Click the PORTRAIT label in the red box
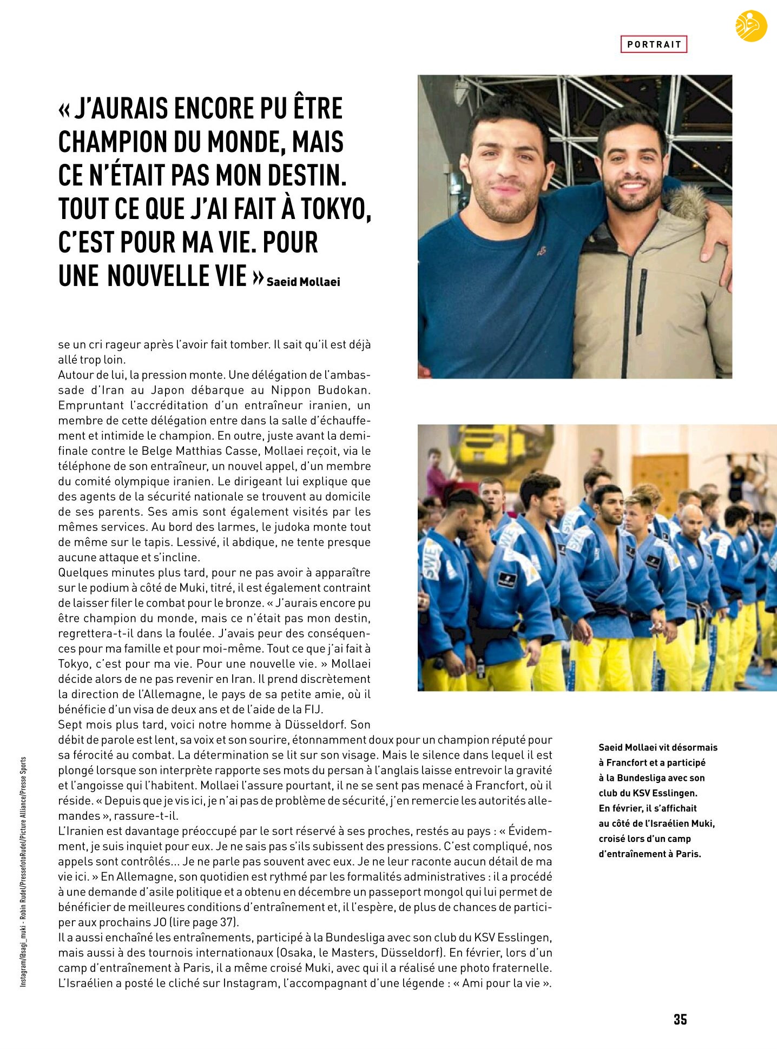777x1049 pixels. (654, 44)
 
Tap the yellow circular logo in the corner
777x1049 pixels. (751, 26)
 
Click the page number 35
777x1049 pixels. (680, 1019)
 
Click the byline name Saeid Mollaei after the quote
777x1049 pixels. (303, 282)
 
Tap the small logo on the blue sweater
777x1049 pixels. (541, 250)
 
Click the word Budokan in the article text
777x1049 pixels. (344, 390)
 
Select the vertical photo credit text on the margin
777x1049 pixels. (23, 871)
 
